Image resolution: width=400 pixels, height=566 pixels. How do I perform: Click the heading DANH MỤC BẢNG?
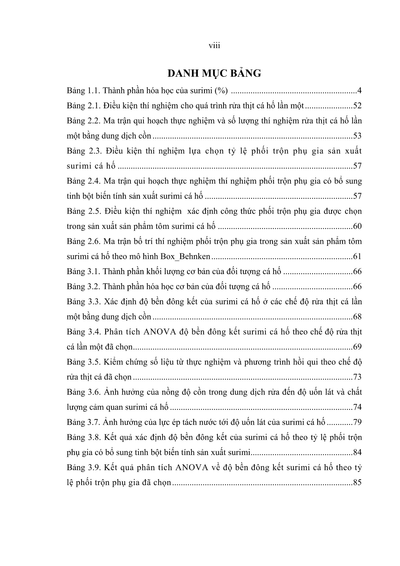tap(214, 73)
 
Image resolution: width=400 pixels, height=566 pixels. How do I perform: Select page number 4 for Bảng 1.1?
tap(359, 91)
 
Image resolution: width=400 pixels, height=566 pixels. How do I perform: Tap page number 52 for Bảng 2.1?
tap(357, 106)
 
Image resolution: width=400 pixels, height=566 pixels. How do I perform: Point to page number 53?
tap(357, 136)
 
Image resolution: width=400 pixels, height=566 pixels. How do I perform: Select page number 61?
tap(357, 257)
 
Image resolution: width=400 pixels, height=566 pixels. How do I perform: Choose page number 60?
tap(357, 226)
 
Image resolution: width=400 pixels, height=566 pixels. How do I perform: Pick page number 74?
tap(357, 407)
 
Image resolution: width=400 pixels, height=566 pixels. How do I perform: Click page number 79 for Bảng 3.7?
tap(357, 422)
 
